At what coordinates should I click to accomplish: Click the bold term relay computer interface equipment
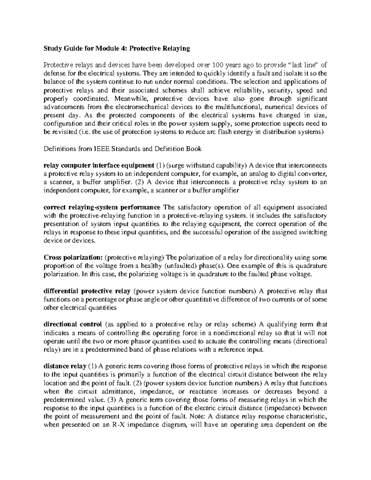point(99,166)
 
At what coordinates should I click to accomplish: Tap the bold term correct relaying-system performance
point(102,207)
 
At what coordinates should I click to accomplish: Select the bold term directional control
point(73,325)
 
